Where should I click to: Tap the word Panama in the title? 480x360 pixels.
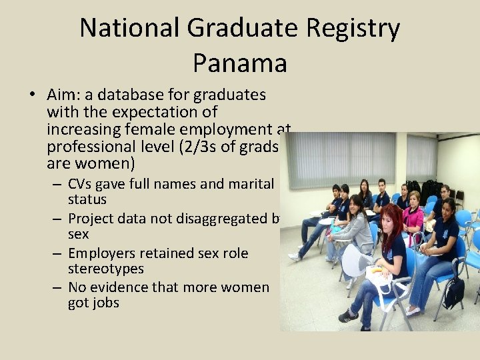[240, 63]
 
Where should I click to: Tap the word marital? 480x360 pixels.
[250, 183]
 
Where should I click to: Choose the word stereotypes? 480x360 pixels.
[105, 269]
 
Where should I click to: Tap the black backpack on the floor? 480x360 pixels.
[455, 292]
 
